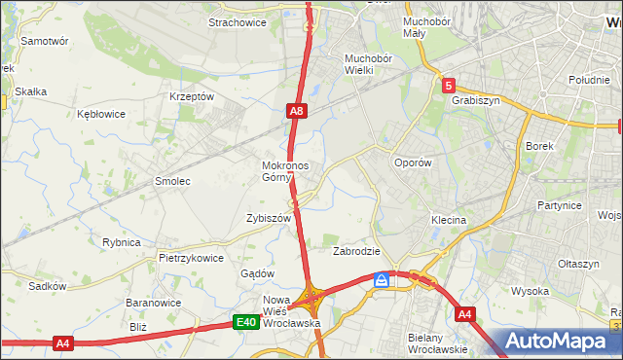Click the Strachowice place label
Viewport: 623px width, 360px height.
pyautogui.click(x=238, y=23)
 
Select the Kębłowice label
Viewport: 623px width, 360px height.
pyautogui.click(x=101, y=114)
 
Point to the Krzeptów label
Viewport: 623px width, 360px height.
pyautogui.click(x=191, y=97)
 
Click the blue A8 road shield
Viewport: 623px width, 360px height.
pyautogui.click(x=298, y=113)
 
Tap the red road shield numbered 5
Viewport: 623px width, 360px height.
pyautogui.click(x=448, y=86)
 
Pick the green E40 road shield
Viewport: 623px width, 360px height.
pyautogui.click(x=246, y=322)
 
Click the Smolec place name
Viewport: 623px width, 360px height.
pyautogui.click(x=172, y=182)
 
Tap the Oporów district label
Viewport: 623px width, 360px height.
pyautogui.click(x=412, y=163)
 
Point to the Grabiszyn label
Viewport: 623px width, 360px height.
pyautogui.click(x=475, y=99)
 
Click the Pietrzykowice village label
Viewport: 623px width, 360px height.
pyautogui.click(x=192, y=259)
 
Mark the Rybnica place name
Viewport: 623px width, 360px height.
pyautogui.click(x=122, y=242)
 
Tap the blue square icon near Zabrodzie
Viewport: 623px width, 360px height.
pyautogui.click(x=383, y=280)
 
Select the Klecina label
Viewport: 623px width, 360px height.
pyautogui.click(x=449, y=221)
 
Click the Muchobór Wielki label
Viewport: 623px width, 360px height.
pyautogui.click(x=367, y=64)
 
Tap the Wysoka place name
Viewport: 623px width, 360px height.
pyautogui.click(x=531, y=291)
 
